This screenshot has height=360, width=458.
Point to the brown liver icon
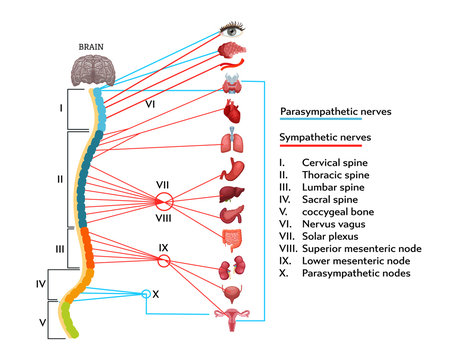[x=231, y=181]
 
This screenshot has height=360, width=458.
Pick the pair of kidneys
[x=231, y=269]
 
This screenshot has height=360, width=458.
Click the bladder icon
[x=231, y=294]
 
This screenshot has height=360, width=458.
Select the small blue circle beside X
[x=144, y=293]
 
